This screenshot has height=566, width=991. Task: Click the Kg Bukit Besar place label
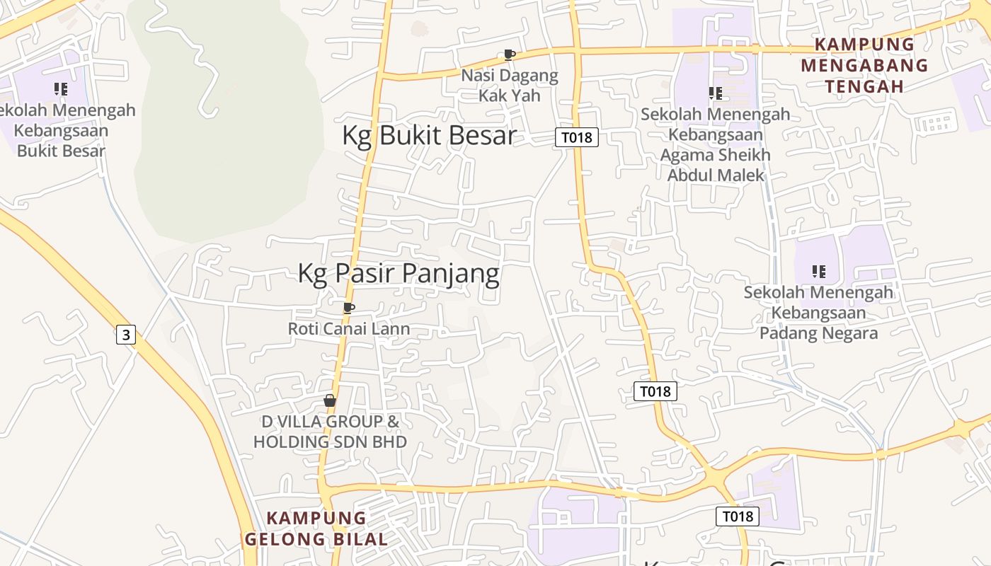pyautogui.click(x=429, y=136)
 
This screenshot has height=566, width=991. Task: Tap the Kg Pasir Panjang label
pyautogui.click(x=399, y=273)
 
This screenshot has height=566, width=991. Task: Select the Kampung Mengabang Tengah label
pyautogui.click(x=865, y=65)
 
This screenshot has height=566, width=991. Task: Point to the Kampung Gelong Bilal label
pyautogui.click(x=316, y=529)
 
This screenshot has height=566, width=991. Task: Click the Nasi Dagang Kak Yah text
pyautogui.click(x=510, y=85)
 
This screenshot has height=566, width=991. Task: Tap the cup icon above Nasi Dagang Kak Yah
pyautogui.click(x=509, y=54)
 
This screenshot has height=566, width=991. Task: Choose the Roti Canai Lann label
pyautogui.click(x=348, y=328)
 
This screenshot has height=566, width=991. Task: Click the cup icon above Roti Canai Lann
pyautogui.click(x=348, y=308)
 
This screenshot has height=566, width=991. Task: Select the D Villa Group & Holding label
pyautogui.click(x=330, y=432)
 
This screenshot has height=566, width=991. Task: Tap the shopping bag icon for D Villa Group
pyautogui.click(x=330, y=401)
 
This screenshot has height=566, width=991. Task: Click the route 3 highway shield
pyautogui.click(x=126, y=335)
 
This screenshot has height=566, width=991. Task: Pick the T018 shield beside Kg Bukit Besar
pyautogui.click(x=576, y=137)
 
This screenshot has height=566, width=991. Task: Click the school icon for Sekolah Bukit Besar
pyautogui.click(x=61, y=89)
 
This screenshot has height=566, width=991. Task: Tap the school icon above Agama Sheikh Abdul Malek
pyautogui.click(x=715, y=93)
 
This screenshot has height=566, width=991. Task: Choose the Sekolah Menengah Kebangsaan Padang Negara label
pyautogui.click(x=818, y=313)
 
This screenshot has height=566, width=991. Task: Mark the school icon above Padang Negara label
pyautogui.click(x=819, y=272)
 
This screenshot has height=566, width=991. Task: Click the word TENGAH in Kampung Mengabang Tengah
pyautogui.click(x=865, y=86)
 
